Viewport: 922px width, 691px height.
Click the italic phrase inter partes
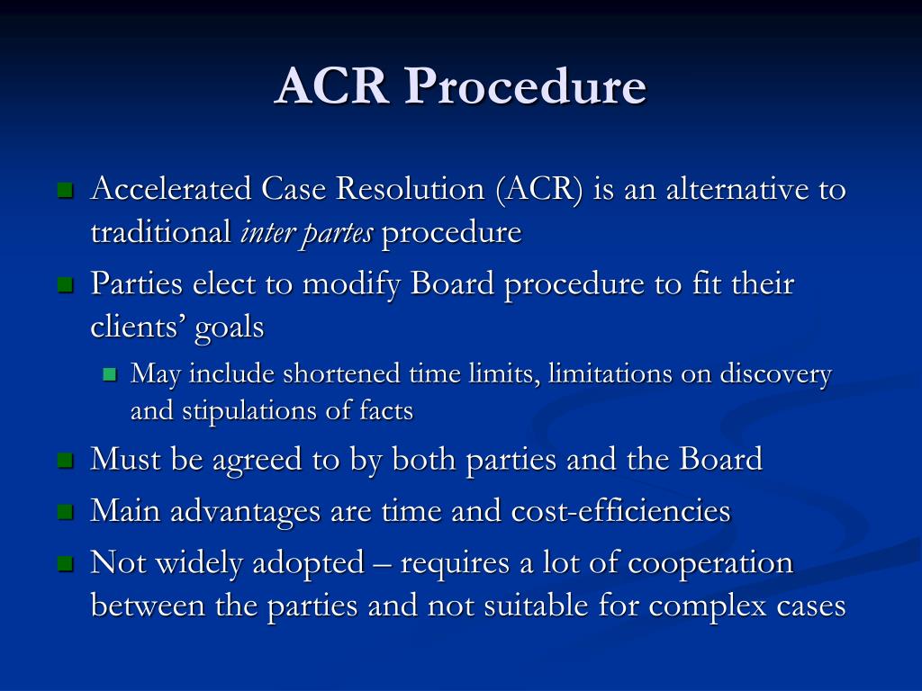(x=307, y=233)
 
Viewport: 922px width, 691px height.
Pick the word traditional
(x=161, y=233)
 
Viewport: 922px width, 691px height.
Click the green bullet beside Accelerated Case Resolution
(x=64, y=192)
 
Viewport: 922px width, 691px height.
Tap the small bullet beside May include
(x=111, y=375)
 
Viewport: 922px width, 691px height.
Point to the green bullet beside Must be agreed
(x=64, y=461)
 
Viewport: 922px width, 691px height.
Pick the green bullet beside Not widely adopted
(x=64, y=564)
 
